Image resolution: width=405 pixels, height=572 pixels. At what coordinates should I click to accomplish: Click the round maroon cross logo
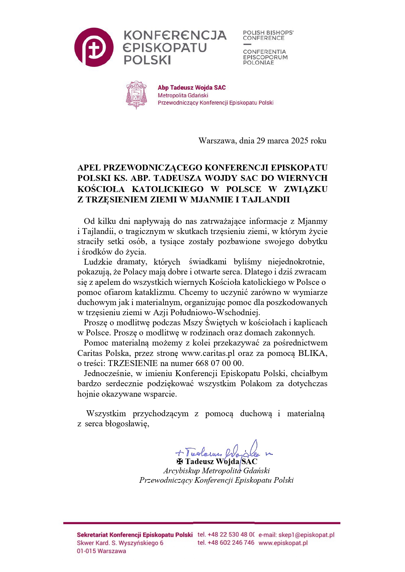pyautogui.click(x=94, y=48)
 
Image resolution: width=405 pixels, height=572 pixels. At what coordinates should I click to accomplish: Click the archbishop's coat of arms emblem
pyautogui.click(x=136, y=95)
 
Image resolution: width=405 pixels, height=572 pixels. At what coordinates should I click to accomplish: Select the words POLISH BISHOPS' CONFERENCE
pyautogui.click(x=268, y=35)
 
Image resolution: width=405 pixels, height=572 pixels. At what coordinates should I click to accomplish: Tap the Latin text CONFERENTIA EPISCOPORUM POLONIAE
pyautogui.click(x=265, y=57)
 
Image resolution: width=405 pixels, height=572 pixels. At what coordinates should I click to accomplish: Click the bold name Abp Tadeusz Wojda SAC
pyautogui.click(x=192, y=88)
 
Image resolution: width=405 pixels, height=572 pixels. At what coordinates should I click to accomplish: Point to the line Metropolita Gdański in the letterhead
pyautogui.click(x=183, y=95)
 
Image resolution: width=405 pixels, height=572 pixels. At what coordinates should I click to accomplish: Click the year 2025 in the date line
pyautogui.click(x=300, y=141)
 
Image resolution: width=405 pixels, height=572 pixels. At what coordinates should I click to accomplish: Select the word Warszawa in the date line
pyautogui.click(x=217, y=141)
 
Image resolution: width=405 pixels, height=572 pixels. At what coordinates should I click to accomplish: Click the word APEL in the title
pyautogui.click(x=89, y=168)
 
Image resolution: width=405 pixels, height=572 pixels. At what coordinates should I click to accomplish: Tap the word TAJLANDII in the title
pyautogui.click(x=265, y=199)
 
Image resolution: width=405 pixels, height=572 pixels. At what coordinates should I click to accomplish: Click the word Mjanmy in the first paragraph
pyautogui.click(x=312, y=221)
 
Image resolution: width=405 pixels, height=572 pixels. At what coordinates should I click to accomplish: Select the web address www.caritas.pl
pyautogui.click(x=208, y=353)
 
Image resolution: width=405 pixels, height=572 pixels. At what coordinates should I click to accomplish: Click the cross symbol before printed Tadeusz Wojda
pyautogui.click(x=180, y=462)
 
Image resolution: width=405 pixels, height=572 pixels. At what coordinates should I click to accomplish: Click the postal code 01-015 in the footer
pyautogui.click(x=86, y=551)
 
